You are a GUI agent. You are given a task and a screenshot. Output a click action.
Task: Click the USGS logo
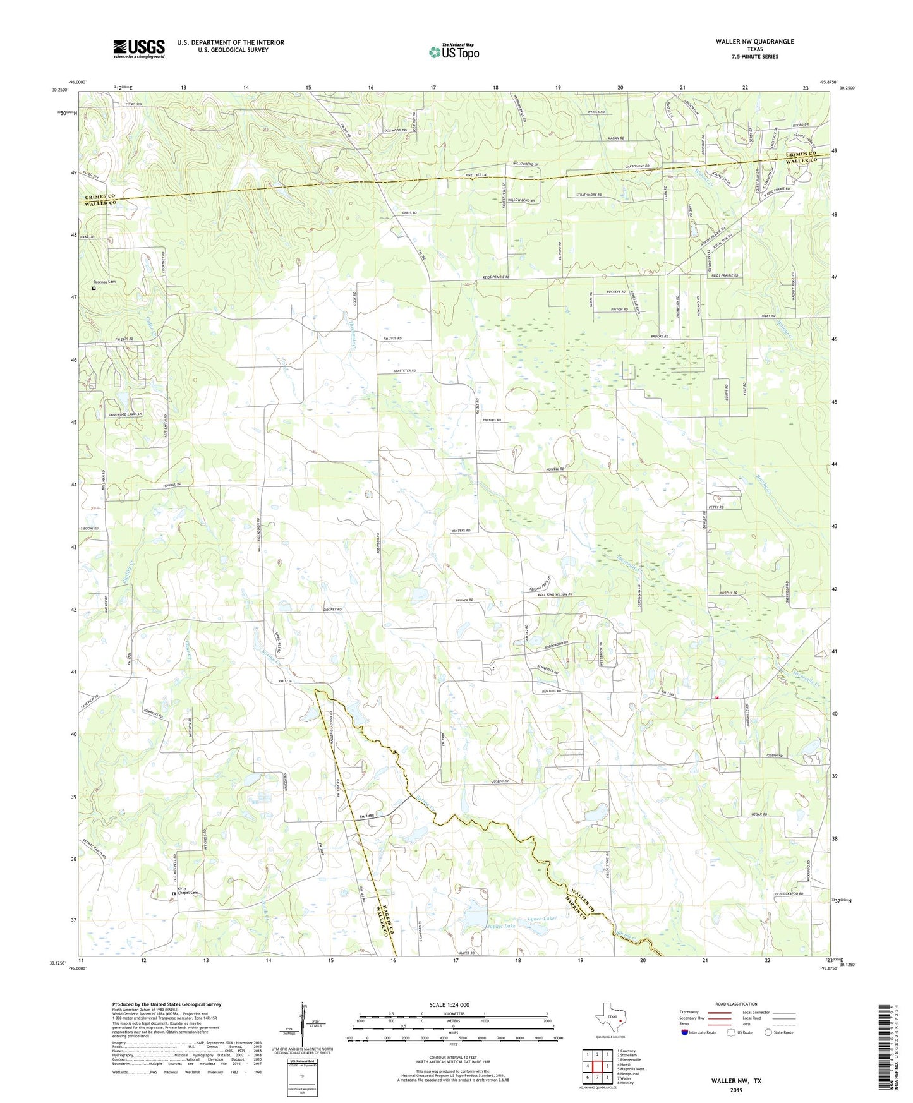[x=138, y=49]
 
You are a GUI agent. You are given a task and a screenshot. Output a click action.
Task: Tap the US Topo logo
[x=453, y=52]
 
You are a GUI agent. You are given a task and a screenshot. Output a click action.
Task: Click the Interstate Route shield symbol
[x=685, y=1032]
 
